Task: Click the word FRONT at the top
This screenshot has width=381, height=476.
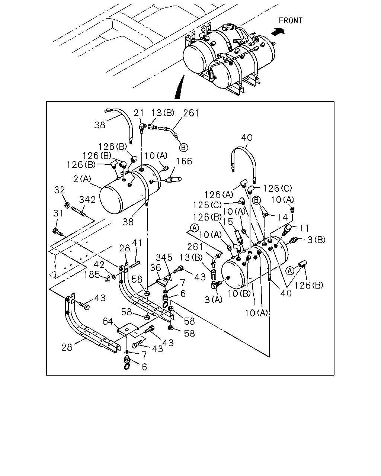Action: [291, 20]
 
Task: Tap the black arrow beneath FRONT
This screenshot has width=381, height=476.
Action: [278, 31]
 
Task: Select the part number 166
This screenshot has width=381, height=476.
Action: [184, 161]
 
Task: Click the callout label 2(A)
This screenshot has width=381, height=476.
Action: [82, 179]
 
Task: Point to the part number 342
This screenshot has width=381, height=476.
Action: [87, 200]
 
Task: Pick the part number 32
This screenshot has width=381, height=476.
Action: [60, 190]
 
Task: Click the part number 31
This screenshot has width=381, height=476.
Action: [58, 213]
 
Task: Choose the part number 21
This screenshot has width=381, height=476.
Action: [138, 113]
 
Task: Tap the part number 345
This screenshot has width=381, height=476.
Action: [164, 257]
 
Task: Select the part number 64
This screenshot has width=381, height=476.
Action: [108, 321]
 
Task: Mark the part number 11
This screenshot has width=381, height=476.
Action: [304, 228]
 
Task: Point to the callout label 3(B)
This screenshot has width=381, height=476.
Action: [316, 240]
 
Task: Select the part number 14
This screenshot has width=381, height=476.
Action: [283, 218]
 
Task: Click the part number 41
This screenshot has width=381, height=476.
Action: [137, 243]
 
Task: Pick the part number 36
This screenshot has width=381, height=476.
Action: [156, 268]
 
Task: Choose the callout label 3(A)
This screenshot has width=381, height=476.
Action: [214, 300]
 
